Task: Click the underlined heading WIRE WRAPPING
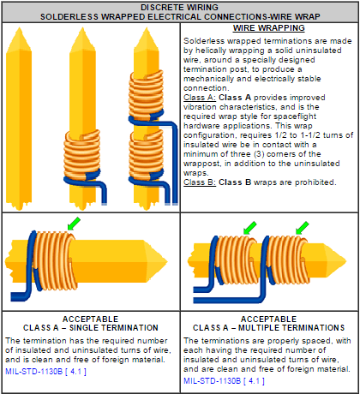[x=269, y=28]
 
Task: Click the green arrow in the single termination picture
[x=74, y=224]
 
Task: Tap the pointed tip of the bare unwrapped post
[x=19, y=28]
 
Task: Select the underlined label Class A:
[x=200, y=98]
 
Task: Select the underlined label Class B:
[x=200, y=182]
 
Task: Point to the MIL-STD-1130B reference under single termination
[x=45, y=372]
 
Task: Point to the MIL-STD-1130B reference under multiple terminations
[x=224, y=381]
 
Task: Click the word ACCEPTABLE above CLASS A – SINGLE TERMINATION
[x=91, y=319]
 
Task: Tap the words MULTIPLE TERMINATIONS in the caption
[x=291, y=328]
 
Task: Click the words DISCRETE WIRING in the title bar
[x=179, y=8]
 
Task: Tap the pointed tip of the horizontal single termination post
[x=167, y=261]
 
